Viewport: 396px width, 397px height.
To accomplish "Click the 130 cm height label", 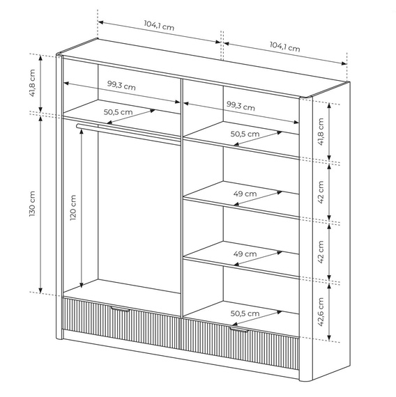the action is (x=32, y=203).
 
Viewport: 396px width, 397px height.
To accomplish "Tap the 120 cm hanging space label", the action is (x=73, y=208).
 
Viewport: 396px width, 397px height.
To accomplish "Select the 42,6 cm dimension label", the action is (x=321, y=311).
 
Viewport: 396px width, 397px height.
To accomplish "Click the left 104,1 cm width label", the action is (x=159, y=25).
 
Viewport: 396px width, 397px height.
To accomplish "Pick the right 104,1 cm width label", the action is (x=284, y=47).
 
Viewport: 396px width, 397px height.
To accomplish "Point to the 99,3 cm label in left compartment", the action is (x=121, y=86).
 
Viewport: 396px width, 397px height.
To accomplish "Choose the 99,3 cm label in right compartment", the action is (x=241, y=106).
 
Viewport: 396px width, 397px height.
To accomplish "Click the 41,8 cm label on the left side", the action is (x=32, y=83).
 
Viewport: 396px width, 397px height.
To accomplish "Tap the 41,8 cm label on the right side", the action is (x=321, y=132).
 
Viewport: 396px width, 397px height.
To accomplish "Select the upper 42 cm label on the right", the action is (x=321, y=192).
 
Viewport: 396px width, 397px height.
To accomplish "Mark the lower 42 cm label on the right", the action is (x=321, y=252).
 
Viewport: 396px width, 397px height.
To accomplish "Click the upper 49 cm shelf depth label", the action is (x=245, y=194).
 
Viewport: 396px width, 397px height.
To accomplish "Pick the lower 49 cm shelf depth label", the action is (x=245, y=254).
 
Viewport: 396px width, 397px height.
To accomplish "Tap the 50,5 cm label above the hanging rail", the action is (x=118, y=112).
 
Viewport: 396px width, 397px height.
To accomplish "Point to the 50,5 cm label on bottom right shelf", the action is (x=245, y=313).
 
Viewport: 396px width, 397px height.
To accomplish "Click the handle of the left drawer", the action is (x=120, y=309).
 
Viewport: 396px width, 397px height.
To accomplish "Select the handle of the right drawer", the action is (x=239, y=329).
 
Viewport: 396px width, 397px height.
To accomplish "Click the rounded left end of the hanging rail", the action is (x=78, y=126).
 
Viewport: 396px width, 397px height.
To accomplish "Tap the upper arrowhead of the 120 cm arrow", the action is (x=82, y=132).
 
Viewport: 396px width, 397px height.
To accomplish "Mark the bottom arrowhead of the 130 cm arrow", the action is (x=40, y=290).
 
